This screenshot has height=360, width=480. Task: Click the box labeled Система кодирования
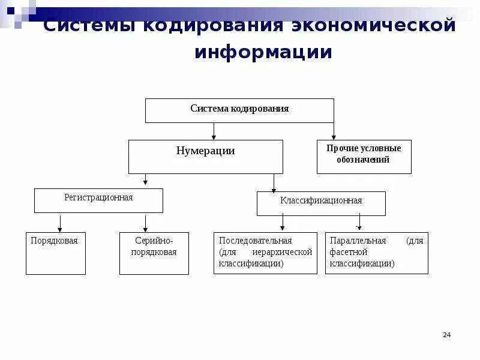(239, 110)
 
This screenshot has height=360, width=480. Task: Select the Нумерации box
(205, 157)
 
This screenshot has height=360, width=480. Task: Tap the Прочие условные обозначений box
(364, 157)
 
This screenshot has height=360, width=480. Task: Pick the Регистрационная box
(98, 200)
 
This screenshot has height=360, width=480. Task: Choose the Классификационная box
(321, 203)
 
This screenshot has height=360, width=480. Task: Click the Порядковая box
(55, 253)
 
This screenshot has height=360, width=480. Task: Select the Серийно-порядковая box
(154, 253)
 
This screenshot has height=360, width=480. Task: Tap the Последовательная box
(265, 253)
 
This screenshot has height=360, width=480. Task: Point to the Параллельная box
(376, 253)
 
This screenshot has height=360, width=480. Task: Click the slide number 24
(446, 335)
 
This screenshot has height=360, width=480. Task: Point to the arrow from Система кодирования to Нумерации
(214, 131)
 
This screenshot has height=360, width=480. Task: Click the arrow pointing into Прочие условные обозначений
(334, 131)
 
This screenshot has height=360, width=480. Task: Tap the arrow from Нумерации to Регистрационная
(145, 179)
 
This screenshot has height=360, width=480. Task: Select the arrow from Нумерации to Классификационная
(274, 182)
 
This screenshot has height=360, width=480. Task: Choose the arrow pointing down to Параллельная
(359, 223)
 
